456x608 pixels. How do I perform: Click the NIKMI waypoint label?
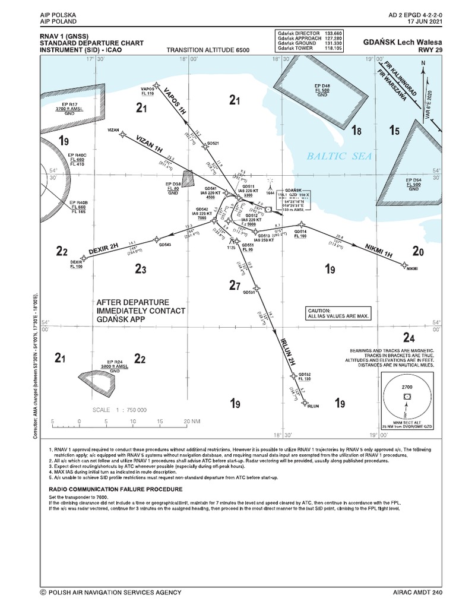(x=412, y=270)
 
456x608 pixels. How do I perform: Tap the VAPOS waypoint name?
(x=147, y=88)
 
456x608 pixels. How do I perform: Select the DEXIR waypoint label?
(x=76, y=261)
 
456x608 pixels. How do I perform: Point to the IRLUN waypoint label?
(x=314, y=406)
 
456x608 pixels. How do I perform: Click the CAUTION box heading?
(x=318, y=311)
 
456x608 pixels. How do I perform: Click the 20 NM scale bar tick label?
(x=191, y=421)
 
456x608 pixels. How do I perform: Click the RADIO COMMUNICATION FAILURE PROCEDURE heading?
(x=115, y=489)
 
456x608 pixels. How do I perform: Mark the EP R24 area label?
(x=115, y=362)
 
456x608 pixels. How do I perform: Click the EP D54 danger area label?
(x=413, y=179)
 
